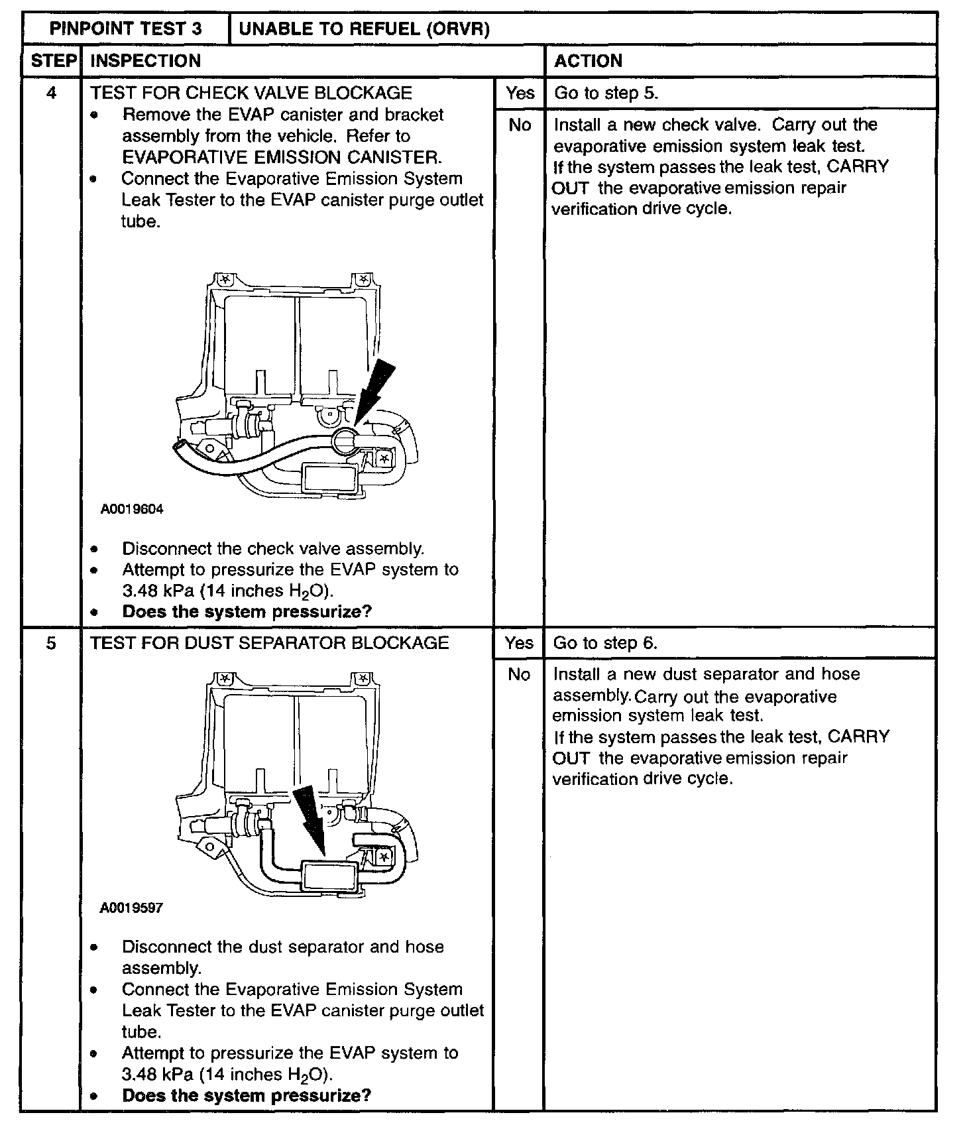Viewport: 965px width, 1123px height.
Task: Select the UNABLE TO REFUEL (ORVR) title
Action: pos(364,29)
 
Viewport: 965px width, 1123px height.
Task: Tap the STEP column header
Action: pos(52,61)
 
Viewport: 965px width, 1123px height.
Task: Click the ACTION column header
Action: pos(589,61)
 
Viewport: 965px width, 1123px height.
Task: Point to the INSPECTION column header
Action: pos(145,61)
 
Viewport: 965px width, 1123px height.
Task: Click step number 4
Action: pos(52,93)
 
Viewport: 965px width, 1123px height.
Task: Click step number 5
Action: pos(52,643)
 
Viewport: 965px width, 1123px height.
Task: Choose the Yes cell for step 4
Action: pos(519,93)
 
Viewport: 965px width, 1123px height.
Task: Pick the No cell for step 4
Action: pos(519,125)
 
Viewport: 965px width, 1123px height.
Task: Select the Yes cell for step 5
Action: pos(519,643)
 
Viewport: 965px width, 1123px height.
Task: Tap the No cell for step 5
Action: pos(519,675)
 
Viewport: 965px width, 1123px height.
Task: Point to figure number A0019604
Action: pos(132,509)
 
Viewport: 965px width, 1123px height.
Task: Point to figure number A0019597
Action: pos(132,908)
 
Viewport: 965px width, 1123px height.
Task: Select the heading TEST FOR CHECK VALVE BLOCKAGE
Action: pos(251,93)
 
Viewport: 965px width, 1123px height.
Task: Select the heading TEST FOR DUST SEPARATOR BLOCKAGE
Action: pos(270,643)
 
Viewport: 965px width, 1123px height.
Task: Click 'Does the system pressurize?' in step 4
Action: pos(247,611)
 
